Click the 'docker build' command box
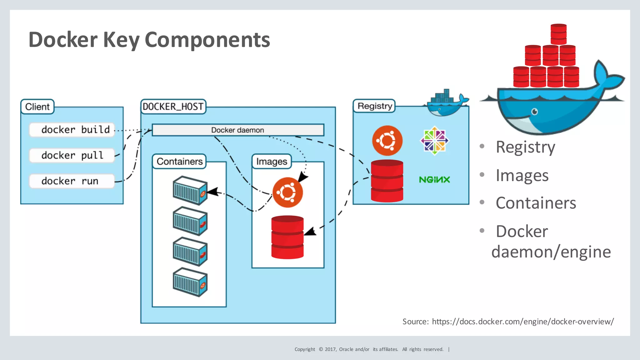[72, 130]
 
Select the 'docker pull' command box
[72, 155]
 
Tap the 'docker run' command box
[72, 181]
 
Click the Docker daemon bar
[238, 130]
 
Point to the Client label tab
[37, 107]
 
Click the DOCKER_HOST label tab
[173, 107]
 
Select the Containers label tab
[179, 161]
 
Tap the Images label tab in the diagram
[272, 161]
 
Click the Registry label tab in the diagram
[374, 106]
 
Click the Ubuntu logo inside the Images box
[287, 192]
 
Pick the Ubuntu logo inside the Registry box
[387, 140]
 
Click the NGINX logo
[434, 180]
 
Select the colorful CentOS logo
[434, 141]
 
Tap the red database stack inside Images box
[287, 237]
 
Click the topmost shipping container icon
[190, 190]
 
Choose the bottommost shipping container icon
[190, 282]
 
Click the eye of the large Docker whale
[535, 112]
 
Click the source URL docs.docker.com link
[523, 321]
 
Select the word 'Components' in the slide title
[207, 40]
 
